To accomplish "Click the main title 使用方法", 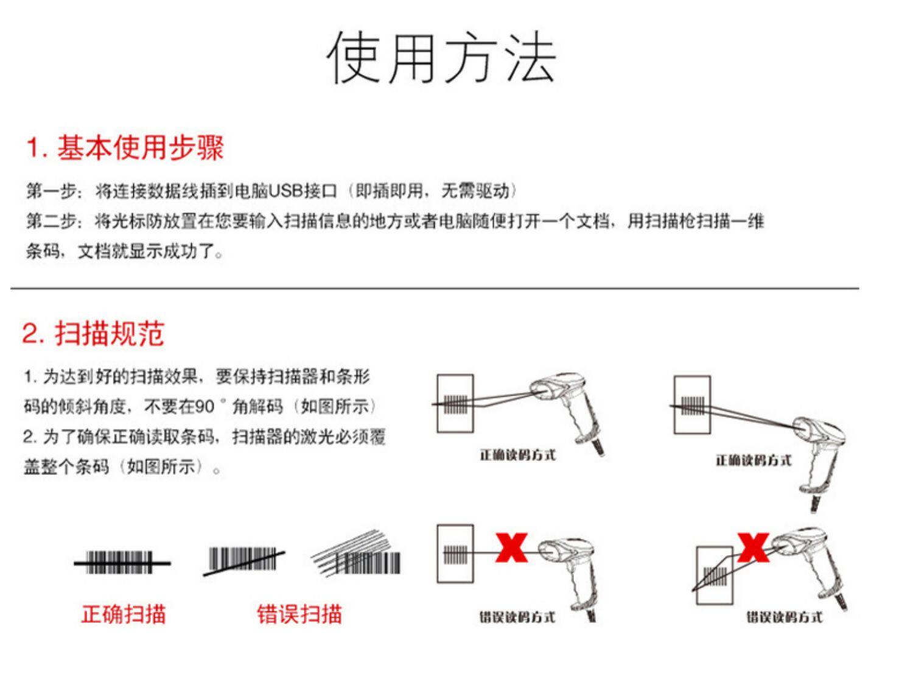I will (x=441, y=58).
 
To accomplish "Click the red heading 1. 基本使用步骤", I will (x=125, y=148).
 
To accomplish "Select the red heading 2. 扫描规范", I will (x=93, y=334).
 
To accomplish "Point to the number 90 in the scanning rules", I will (x=205, y=406).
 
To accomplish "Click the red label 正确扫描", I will (x=124, y=614).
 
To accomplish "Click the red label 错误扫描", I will (x=299, y=614).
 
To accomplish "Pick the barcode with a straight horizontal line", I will (x=122, y=563).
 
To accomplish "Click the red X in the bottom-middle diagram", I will (x=511, y=547).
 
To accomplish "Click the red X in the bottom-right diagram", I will (x=753, y=547).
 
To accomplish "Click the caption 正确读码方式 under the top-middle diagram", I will (x=517, y=455).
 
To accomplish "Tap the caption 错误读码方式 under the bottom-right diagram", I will (x=785, y=617).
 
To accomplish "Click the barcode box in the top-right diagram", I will (x=692, y=405).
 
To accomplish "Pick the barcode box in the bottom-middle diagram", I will (x=455, y=553).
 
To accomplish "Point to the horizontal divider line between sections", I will (x=435, y=288).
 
